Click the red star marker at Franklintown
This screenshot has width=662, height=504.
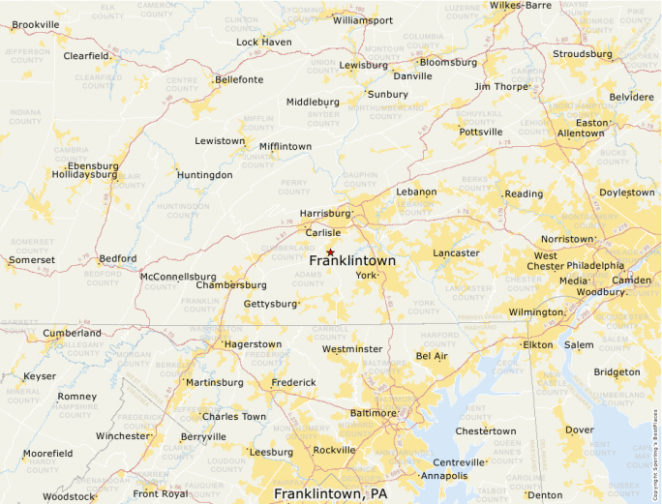pyautogui.click(x=330, y=252)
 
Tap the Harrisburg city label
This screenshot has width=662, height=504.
pyautogui.click(x=325, y=213)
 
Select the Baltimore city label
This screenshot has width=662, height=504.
pyautogui.click(x=374, y=413)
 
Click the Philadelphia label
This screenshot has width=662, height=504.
pyautogui.click(x=595, y=265)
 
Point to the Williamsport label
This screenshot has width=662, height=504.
pyautogui.click(x=363, y=20)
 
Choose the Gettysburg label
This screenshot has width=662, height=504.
pyautogui.click(x=271, y=304)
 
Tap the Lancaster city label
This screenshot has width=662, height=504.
pyautogui.click(x=456, y=253)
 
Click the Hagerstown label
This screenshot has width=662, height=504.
pyautogui.click(x=254, y=343)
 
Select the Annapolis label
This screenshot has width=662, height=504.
pyautogui.click(x=444, y=476)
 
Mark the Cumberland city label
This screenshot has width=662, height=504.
pyautogui.click(x=72, y=333)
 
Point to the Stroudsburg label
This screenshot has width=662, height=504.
pyautogui.click(x=581, y=54)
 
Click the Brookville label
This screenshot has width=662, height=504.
pyautogui.click(x=36, y=24)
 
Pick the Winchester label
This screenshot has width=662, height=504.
pyautogui.click(x=123, y=436)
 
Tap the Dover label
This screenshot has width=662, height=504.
pyautogui.click(x=579, y=430)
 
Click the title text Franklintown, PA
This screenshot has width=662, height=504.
pyautogui.click(x=330, y=494)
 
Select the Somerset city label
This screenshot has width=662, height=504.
pyautogui.click(x=32, y=260)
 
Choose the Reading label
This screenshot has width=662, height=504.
pyautogui.click(x=524, y=193)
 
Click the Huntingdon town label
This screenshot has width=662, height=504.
pyautogui.click(x=204, y=175)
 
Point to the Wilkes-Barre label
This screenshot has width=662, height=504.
pyautogui.click(x=520, y=5)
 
